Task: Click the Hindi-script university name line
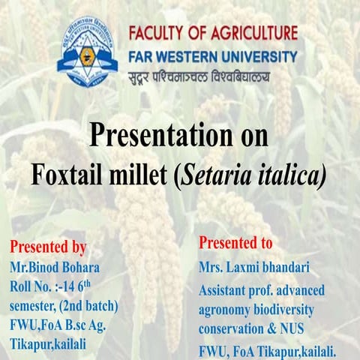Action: coord(199,76)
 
